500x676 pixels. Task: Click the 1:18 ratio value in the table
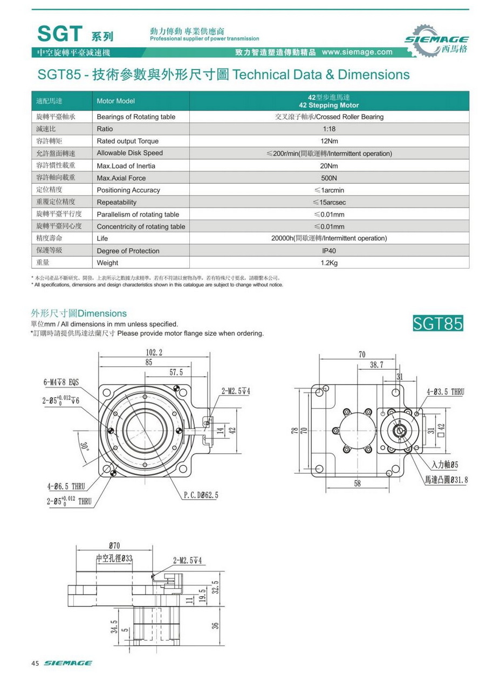(329, 129)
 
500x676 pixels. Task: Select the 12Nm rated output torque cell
(329, 141)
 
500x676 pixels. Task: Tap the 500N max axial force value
(329, 178)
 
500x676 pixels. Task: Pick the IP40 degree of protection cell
(329, 251)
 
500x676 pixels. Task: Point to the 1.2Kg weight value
(329, 263)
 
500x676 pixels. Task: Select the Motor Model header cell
(115, 101)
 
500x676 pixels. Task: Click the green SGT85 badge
(437, 323)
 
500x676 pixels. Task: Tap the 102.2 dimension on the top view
(154, 352)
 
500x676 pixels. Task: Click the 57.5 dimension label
(176, 372)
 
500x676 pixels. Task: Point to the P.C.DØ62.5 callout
(201, 494)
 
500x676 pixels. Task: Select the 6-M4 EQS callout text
(61, 382)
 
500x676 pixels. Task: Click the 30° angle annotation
(84, 447)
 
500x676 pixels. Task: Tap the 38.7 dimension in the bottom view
(376, 365)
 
